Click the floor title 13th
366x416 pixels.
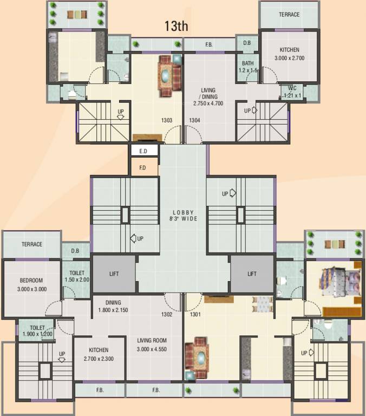point(177,27)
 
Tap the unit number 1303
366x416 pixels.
point(167,120)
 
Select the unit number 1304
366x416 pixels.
point(195,120)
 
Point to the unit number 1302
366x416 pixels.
point(167,314)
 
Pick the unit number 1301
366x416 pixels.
point(195,314)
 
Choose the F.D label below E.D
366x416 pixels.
point(143,168)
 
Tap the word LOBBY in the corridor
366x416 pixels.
point(183,212)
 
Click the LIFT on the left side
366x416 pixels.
point(113,274)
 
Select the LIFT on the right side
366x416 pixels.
point(252,274)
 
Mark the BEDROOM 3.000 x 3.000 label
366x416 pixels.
point(32,284)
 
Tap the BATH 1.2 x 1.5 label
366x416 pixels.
point(248,67)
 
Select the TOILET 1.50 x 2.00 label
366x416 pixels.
point(76,276)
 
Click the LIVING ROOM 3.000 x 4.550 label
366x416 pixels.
point(152,344)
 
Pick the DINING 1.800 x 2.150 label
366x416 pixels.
point(114,306)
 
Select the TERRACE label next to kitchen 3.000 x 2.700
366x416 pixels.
point(289,15)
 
